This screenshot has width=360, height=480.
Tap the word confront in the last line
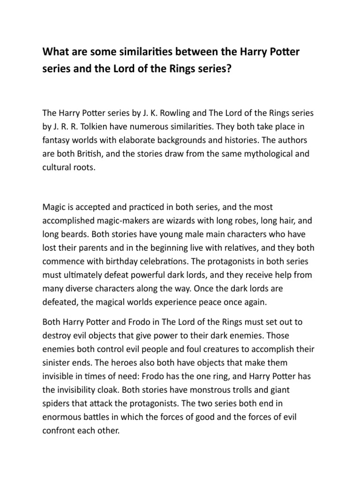(x=60, y=430)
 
